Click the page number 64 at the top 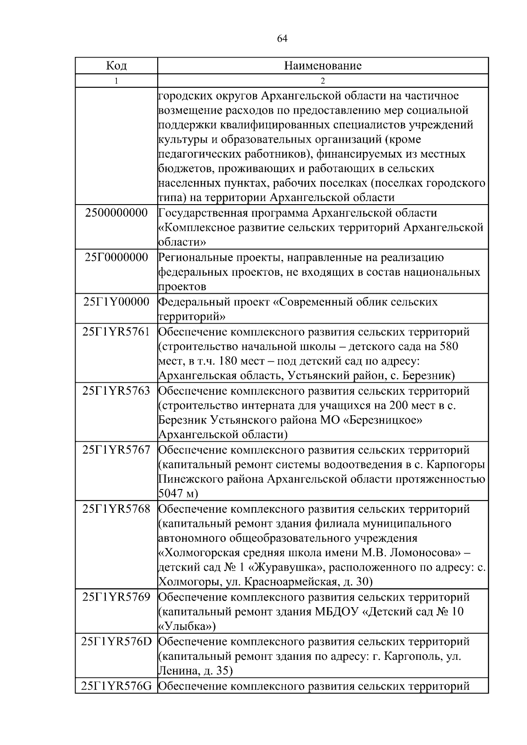282,39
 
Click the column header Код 116,66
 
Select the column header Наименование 323,66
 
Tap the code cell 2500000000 116,213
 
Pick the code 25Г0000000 116,257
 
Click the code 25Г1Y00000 116,302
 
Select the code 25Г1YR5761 116,331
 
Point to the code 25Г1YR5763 116,390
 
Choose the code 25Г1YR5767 116,450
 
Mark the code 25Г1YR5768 116,509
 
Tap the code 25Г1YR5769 116,597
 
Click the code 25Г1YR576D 116,641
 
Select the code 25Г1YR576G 116,686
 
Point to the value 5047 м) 178,494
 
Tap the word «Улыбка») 187,626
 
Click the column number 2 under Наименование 323,81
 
